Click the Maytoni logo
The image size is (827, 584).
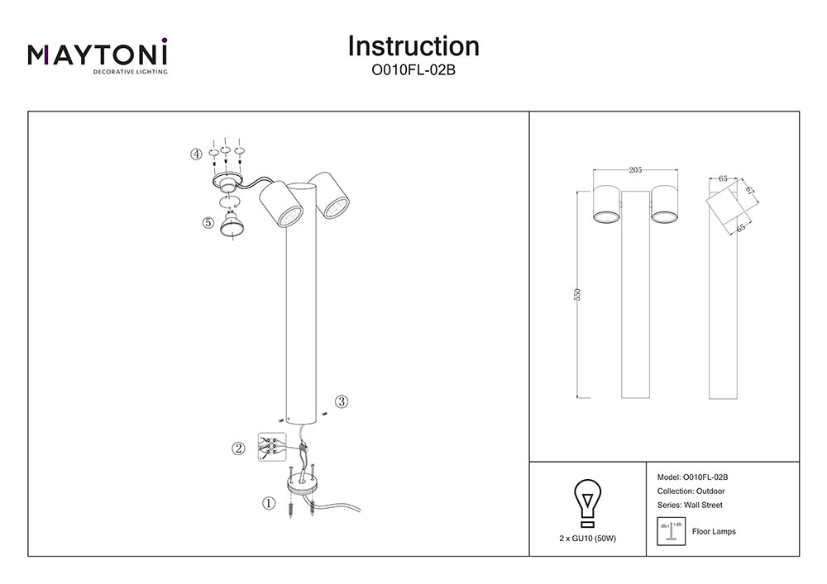pos(98,55)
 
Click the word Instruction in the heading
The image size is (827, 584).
pos(413,46)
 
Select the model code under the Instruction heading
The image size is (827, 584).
pos(413,71)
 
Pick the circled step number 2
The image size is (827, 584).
pos(238,449)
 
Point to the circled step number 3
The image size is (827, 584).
pos(342,402)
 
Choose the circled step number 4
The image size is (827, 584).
pos(196,154)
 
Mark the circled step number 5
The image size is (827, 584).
pos(208,222)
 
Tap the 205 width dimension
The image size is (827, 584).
pos(635,170)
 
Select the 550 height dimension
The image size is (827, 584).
pos(579,294)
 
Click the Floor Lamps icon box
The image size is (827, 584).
pos(669,531)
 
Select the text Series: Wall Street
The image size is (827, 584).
pos(690,505)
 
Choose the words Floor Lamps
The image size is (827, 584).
pos(713,532)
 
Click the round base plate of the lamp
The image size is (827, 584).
pos(301,483)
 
